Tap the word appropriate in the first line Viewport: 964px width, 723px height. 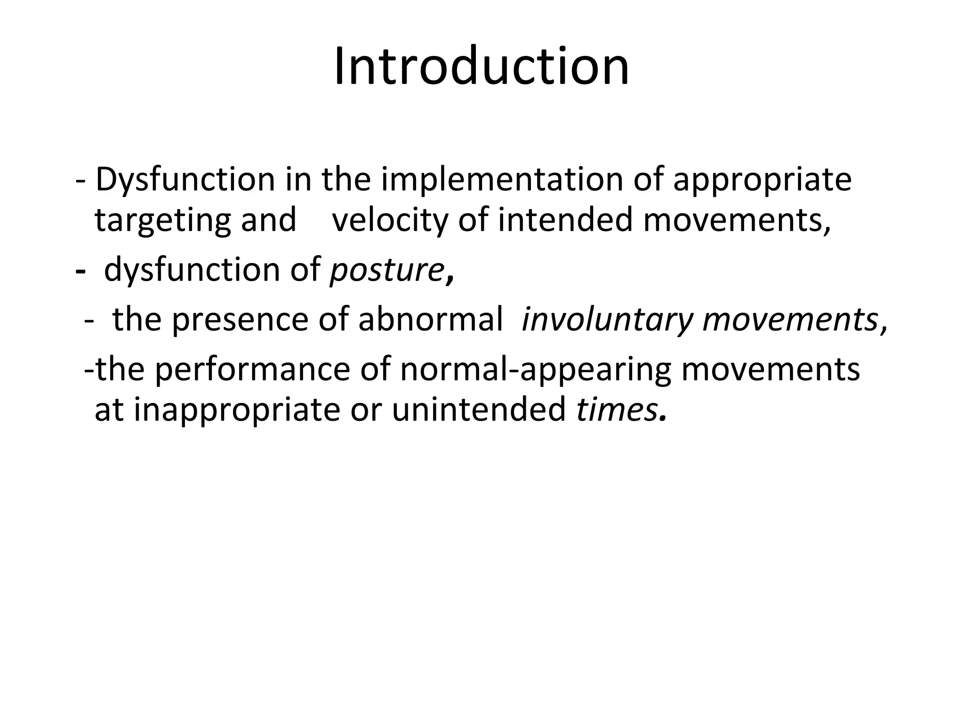click(763, 181)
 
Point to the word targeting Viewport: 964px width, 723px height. click(163, 221)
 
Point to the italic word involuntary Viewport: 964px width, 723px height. click(607, 321)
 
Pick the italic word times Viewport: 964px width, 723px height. click(617, 410)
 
